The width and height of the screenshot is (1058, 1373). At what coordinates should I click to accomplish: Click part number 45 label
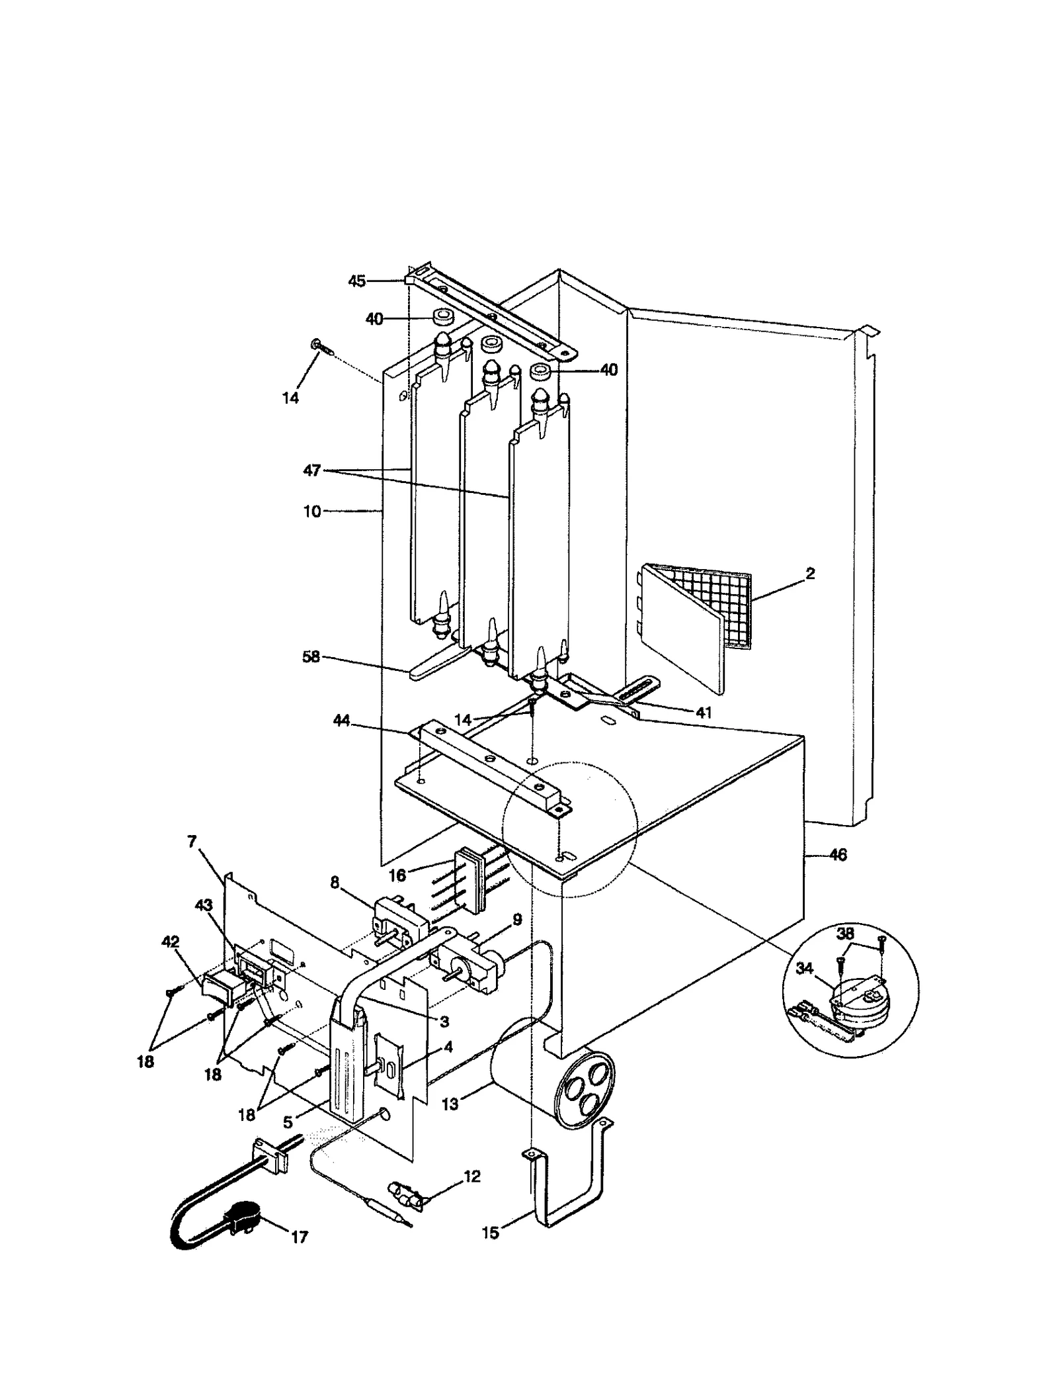click(356, 281)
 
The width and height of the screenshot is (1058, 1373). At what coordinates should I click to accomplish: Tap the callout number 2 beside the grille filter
click(810, 574)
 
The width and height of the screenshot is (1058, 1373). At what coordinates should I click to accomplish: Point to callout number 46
click(837, 856)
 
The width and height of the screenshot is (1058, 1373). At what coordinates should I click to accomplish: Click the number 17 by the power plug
click(300, 1237)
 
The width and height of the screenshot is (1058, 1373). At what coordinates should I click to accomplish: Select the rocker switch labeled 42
click(220, 990)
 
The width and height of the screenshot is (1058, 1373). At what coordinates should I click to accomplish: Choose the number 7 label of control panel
click(192, 842)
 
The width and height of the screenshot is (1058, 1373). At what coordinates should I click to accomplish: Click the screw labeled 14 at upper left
click(317, 345)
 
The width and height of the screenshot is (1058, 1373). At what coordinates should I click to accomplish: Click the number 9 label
click(516, 920)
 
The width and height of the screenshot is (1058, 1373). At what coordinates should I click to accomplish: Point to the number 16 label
click(397, 875)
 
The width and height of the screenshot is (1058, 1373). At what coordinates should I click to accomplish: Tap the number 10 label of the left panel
click(312, 511)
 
